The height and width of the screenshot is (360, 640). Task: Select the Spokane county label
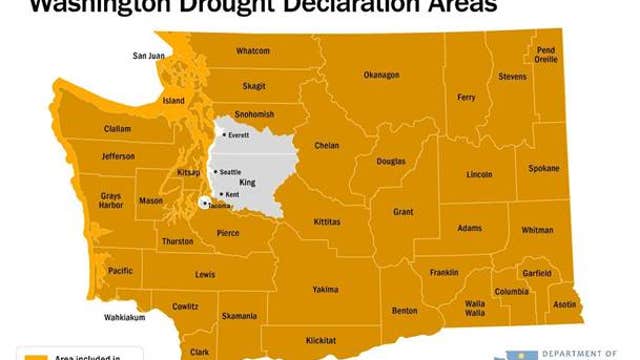pyautogui.click(x=544, y=168)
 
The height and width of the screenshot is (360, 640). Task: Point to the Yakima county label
pyautogui.click(x=325, y=290)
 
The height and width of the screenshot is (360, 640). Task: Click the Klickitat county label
pyautogui.click(x=321, y=340)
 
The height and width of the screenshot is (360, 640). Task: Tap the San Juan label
pyautogui.click(x=149, y=55)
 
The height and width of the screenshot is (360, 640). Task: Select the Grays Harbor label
pyautogui.click(x=110, y=201)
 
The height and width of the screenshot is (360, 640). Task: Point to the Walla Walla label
pyautogui.click(x=474, y=308)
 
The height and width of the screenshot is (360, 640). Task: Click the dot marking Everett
pyautogui.click(x=224, y=134)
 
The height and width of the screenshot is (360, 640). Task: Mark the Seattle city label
pyautogui.click(x=230, y=172)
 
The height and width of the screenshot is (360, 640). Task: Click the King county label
pyautogui.click(x=248, y=183)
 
